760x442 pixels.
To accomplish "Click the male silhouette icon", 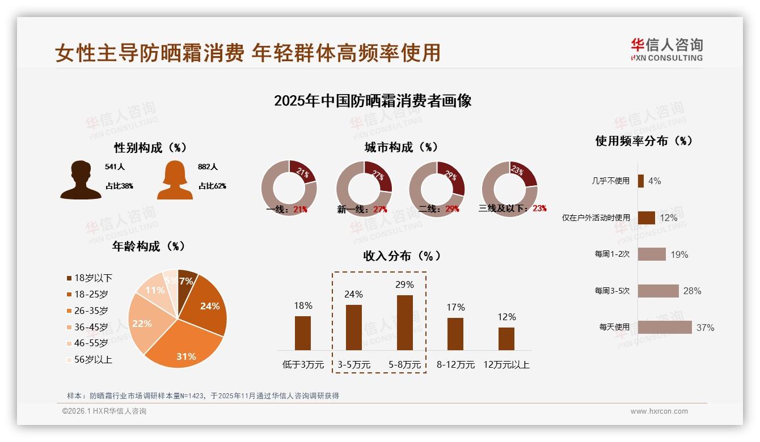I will [81, 180].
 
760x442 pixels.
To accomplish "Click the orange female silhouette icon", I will [175, 180].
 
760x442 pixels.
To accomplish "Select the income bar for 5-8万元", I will [405, 322].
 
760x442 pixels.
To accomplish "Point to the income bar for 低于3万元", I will [303, 333].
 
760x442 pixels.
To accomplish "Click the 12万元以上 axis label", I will [506, 365].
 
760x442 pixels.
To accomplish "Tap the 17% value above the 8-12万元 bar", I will [455, 307].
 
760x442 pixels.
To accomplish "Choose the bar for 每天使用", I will [665, 327].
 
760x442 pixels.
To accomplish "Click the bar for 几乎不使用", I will [641, 181].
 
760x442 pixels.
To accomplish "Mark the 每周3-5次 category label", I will [612, 291].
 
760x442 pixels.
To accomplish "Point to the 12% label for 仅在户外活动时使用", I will [669, 218].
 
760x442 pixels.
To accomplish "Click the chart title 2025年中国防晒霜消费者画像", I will [373, 101].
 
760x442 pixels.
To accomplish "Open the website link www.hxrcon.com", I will [659, 411].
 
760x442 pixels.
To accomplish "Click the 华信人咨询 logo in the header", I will [666, 49].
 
